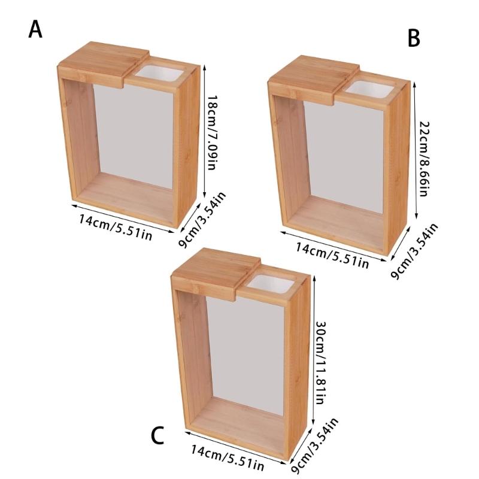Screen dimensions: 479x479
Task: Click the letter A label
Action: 35,30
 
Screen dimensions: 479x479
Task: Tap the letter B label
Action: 414,38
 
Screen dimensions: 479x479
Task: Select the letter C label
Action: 158,436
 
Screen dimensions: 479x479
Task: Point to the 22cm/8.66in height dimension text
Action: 425,159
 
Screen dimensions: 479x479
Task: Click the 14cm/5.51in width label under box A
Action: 116,228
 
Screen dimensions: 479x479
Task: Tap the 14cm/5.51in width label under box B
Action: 332,256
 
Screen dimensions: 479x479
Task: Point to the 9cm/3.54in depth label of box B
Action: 414,251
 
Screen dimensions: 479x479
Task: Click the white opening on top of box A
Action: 159,74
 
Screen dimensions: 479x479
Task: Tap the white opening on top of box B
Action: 371,89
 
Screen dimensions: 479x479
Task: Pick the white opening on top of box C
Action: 271,283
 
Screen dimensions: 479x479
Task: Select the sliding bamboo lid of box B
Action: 313,79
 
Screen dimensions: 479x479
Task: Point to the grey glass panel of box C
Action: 246,355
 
